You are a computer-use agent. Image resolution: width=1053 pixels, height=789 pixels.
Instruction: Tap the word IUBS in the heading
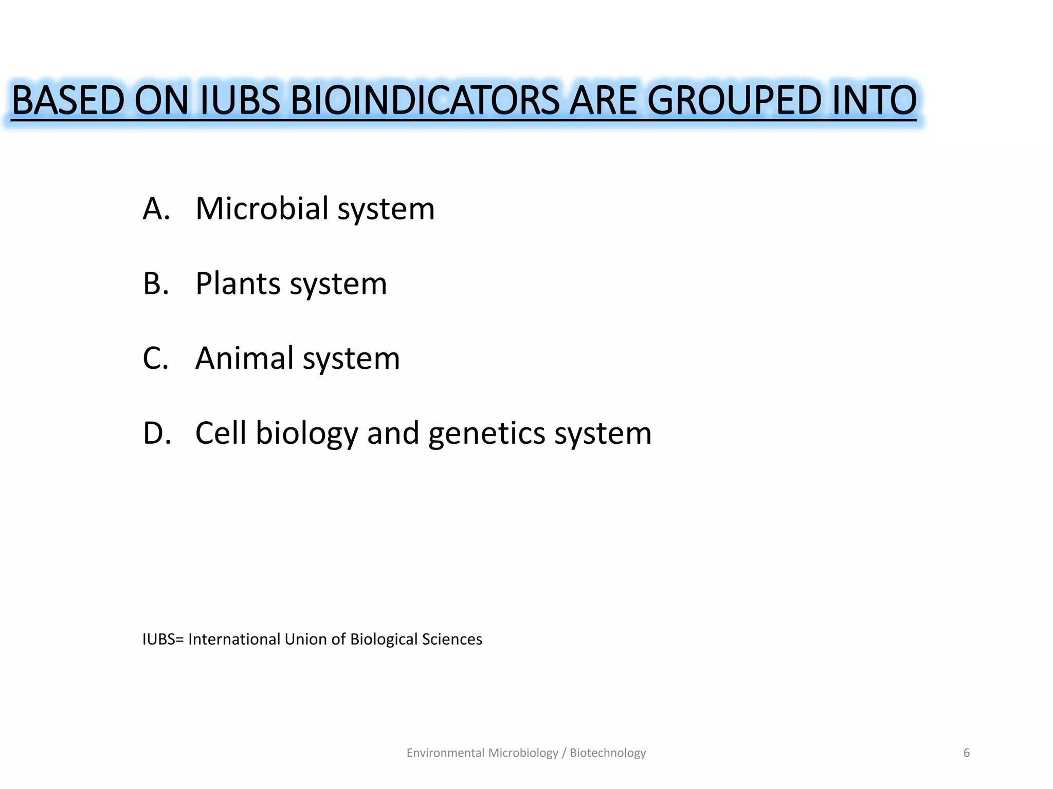point(240,100)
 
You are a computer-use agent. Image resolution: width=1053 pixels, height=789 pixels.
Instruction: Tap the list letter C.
point(155,358)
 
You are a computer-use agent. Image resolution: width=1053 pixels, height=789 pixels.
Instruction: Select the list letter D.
point(156,433)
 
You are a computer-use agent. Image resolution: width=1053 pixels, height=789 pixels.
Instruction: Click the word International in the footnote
point(234,639)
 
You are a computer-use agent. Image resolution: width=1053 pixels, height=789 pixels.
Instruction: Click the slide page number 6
point(967,753)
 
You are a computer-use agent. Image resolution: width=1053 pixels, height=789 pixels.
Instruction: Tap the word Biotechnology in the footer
point(608,753)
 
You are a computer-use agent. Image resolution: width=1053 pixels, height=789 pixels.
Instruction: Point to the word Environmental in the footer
point(445,753)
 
